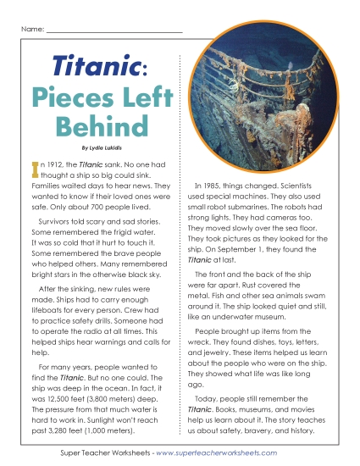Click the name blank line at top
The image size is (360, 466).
pyautogui.click(x=114, y=31)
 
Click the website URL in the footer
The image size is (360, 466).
pyautogui.click(x=228, y=453)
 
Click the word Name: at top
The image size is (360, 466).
pyautogui.click(x=31, y=30)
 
